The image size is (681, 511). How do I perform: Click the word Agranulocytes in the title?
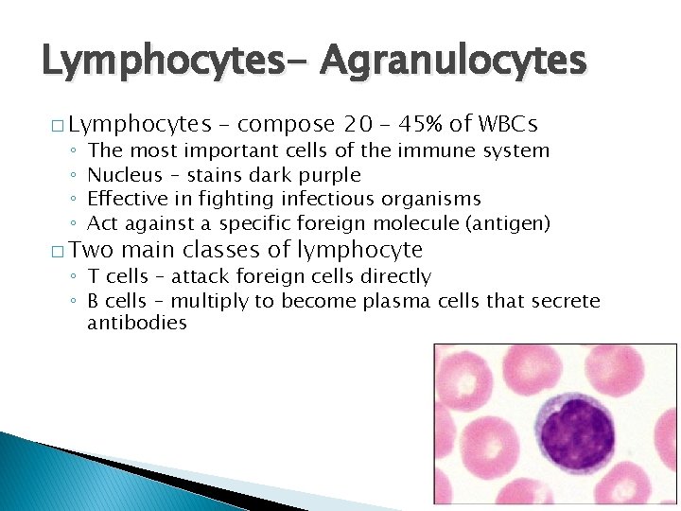[453, 62]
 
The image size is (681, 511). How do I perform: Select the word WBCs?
[509, 124]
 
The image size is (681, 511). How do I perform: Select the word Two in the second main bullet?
[91, 250]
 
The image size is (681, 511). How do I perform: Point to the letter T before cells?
[93, 276]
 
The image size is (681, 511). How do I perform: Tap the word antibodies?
[137, 324]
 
